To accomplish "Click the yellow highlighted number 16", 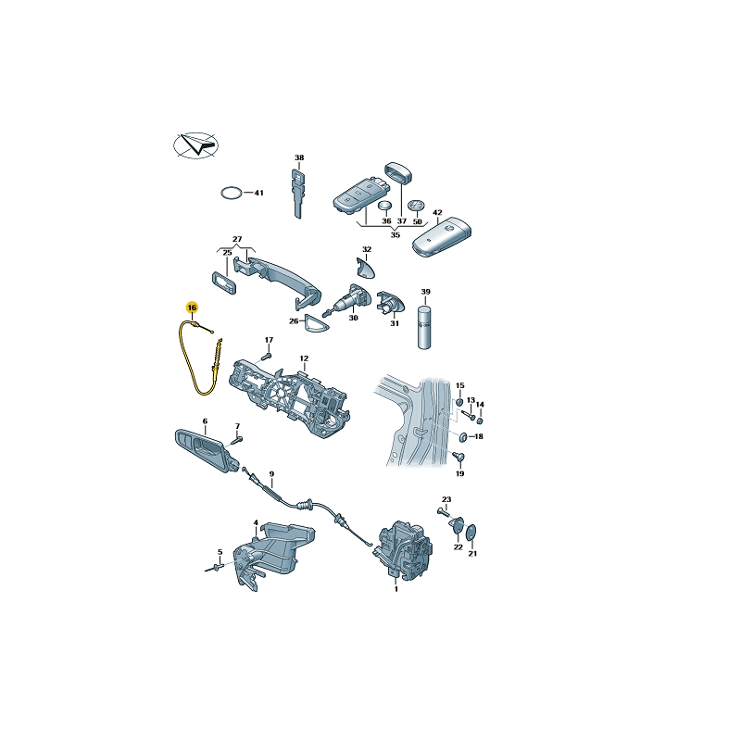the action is click(x=192, y=308).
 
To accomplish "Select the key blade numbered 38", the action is click(x=298, y=194).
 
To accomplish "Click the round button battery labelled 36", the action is click(x=385, y=206).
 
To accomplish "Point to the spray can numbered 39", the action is click(x=424, y=327).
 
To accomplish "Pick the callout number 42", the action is click(x=437, y=213).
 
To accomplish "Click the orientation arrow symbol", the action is click(x=196, y=145).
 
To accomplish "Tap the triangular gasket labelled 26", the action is click(x=315, y=323).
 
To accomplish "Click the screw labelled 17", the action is click(x=268, y=355).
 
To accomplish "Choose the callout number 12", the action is click(x=304, y=358).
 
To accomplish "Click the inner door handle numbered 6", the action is click(x=206, y=448).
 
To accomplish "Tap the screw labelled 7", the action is click(x=237, y=441).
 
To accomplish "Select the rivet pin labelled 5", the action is click(x=216, y=568).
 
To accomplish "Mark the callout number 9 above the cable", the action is click(x=271, y=474).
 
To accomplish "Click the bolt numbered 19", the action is click(x=458, y=457).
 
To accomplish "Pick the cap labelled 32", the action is click(x=365, y=268).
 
